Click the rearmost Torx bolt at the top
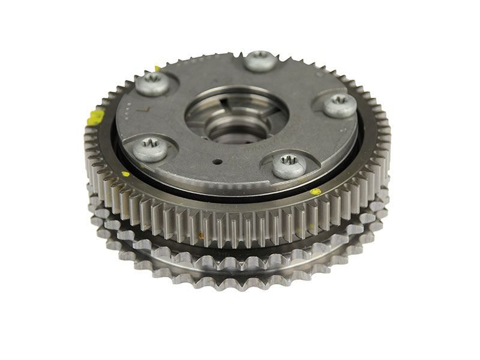point(259,60)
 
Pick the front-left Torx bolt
point(149,149)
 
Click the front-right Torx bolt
point(289,166)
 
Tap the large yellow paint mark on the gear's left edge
point(94,117)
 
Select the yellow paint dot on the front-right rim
point(316,192)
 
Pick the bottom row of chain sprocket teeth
point(240,273)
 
